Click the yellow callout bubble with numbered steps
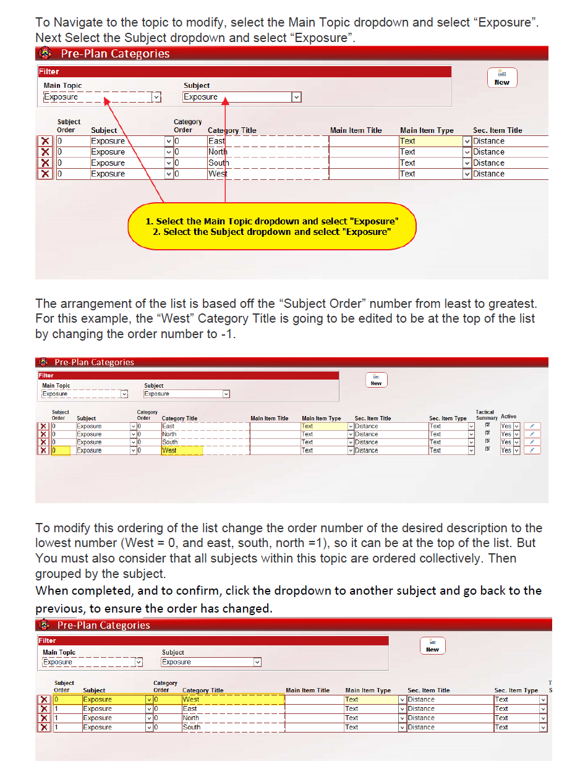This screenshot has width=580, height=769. (x=271, y=226)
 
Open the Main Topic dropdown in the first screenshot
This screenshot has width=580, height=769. (x=156, y=97)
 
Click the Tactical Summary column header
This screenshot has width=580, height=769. (x=485, y=415)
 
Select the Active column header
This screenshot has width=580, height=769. (x=508, y=417)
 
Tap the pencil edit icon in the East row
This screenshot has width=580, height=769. (x=532, y=426)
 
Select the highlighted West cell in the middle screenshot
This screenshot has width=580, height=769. (x=181, y=451)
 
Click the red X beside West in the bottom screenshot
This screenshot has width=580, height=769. (x=44, y=700)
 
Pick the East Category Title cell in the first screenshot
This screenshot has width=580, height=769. (x=267, y=141)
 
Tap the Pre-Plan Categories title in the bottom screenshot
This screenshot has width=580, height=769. (x=104, y=625)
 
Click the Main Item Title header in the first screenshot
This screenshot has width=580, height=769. (x=356, y=130)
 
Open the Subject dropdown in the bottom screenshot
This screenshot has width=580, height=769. (x=257, y=662)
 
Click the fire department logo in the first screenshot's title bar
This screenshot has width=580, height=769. (x=45, y=54)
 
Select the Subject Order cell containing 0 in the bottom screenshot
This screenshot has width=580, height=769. (x=67, y=700)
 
